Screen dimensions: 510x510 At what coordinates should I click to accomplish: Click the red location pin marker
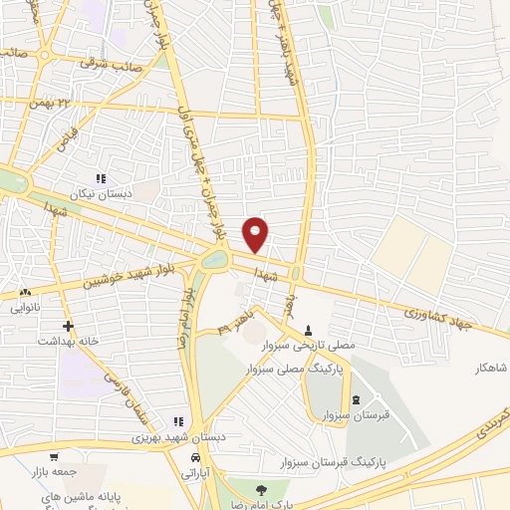256,233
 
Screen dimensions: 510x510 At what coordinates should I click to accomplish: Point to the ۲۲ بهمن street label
79,103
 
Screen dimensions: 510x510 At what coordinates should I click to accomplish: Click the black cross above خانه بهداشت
68,326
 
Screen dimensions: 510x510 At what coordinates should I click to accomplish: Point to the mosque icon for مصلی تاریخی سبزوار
308,330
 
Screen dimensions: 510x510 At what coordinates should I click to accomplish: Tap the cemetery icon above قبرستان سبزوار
356,399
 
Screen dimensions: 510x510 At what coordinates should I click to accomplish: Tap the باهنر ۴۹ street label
233,324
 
